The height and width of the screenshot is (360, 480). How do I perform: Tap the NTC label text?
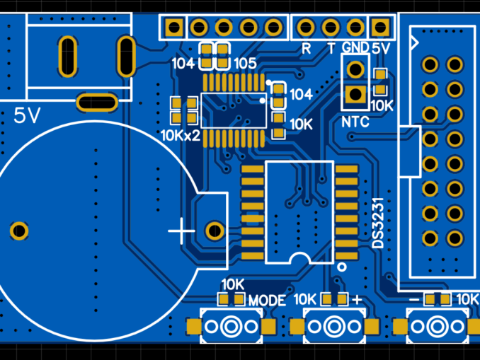pyautogui.click(x=355, y=122)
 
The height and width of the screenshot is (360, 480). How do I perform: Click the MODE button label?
pyautogui.click(x=267, y=301)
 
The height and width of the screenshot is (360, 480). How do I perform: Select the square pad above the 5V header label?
pyautogui.click(x=381, y=28)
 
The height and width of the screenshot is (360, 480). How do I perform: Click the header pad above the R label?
pyautogui.click(x=306, y=28)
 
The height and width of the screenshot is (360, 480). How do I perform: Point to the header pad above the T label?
pyautogui.click(x=331, y=28)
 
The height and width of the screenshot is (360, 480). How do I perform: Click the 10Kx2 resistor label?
pyautogui.click(x=181, y=134)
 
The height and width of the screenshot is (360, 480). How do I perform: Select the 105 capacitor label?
pyautogui.click(x=244, y=64)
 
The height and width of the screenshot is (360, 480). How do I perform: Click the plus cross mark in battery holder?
pyautogui.click(x=182, y=231)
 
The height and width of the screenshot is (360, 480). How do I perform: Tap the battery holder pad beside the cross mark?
pyautogui.click(x=214, y=231)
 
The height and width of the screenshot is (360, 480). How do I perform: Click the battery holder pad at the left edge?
pyautogui.click(x=18, y=231)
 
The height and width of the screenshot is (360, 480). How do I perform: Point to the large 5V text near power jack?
pyautogui.click(x=28, y=115)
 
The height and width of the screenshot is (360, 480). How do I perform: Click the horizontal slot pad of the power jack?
pyautogui.click(x=98, y=103)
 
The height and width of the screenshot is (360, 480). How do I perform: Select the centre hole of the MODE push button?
pyautogui.click(x=230, y=327)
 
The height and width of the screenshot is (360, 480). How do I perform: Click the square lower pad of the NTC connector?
pyautogui.click(x=355, y=93)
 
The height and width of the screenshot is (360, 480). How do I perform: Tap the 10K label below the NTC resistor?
pyautogui.click(x=382, y=105)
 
